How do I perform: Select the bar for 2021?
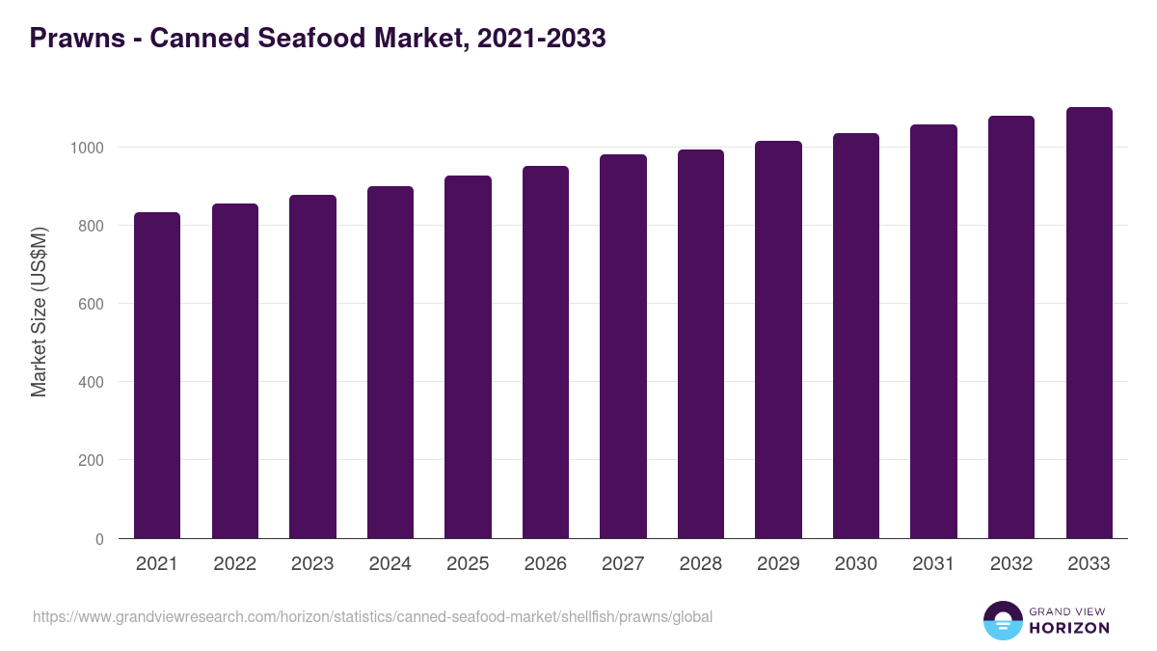[x=157, y=375]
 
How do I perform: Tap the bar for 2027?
[x=623, y=346]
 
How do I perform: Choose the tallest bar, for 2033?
[x=1089, y=322]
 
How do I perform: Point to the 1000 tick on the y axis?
[x=86, y=148]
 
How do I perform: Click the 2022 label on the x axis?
[x=235, y=564]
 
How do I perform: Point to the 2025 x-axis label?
[x=468, y=564]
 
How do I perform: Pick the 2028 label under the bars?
[x=701, y=564]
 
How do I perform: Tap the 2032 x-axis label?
[x=1011, y=564]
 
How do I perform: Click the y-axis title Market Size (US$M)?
[x=40, y=311]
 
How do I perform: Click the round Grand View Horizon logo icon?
[x=1002, y=620]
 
